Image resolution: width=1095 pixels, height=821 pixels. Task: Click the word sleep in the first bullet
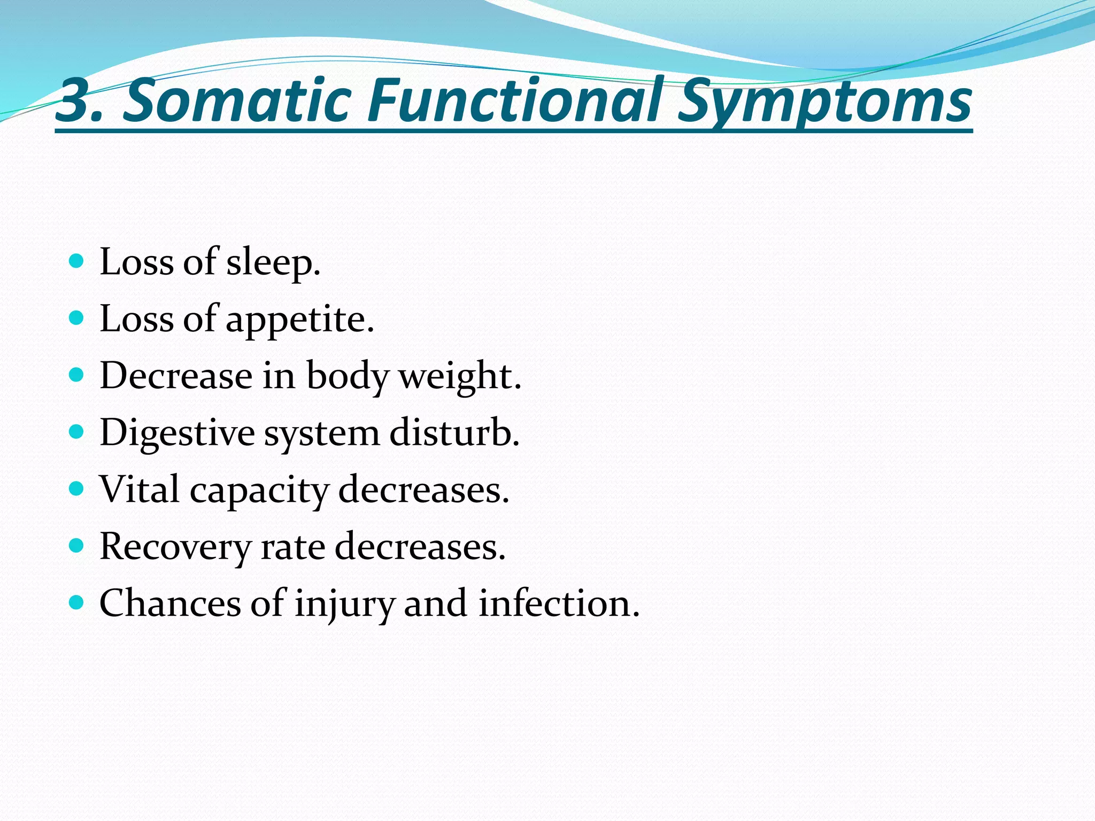273,263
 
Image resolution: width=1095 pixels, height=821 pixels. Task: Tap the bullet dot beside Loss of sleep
77,261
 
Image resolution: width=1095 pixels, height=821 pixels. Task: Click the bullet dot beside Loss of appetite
77,318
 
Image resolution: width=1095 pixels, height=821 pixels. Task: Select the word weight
459,377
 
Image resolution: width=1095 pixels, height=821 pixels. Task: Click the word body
347,377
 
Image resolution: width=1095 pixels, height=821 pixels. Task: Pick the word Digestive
177,433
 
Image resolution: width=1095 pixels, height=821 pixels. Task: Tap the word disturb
454,432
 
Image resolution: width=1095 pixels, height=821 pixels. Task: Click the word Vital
140,490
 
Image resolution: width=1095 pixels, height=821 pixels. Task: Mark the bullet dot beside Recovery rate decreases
77,546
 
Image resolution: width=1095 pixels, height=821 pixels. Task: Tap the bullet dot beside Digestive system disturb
77,432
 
